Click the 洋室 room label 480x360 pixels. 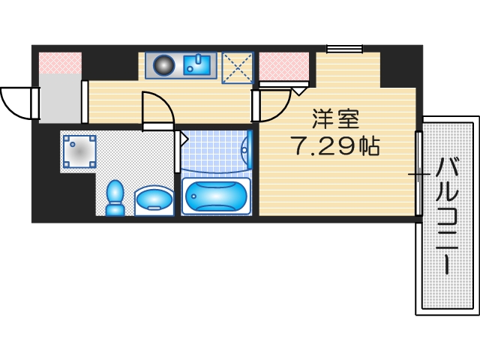click(335, 118)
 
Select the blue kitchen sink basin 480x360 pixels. click(199, 64)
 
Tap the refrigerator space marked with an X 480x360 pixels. click(237, 66)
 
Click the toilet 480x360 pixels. click(115, 198)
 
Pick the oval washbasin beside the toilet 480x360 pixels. click(154, 201)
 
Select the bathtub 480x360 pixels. click(215, 196)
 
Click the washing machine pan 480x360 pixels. click(79, 151)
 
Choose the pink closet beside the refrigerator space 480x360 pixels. click(283, 66)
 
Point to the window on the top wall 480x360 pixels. click(344, 49)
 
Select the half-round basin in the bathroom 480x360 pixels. click(247, 152)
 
